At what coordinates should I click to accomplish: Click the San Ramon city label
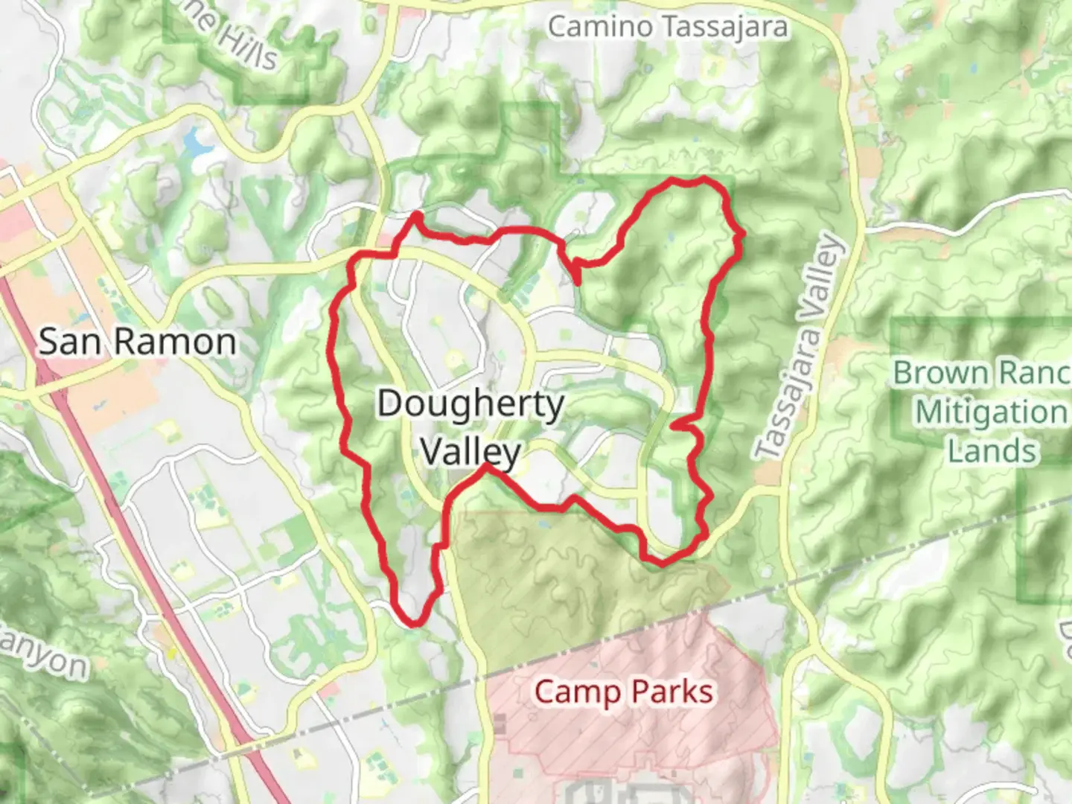click(x=137, y=342)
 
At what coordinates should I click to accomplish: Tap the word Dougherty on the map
click(x=470, y=404)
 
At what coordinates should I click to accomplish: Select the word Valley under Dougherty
click(x=470, y=450)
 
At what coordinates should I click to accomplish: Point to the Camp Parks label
click(x=624, y=692)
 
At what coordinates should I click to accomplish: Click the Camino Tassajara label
click(x=668, y=27)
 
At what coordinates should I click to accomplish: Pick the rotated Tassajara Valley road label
click(x=799, y=346)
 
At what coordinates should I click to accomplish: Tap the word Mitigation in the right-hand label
click(x=991, y=412)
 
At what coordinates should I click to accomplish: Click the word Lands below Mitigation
click(x=992, y=451)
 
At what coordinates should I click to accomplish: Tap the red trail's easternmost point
click(x=742, y=235)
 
